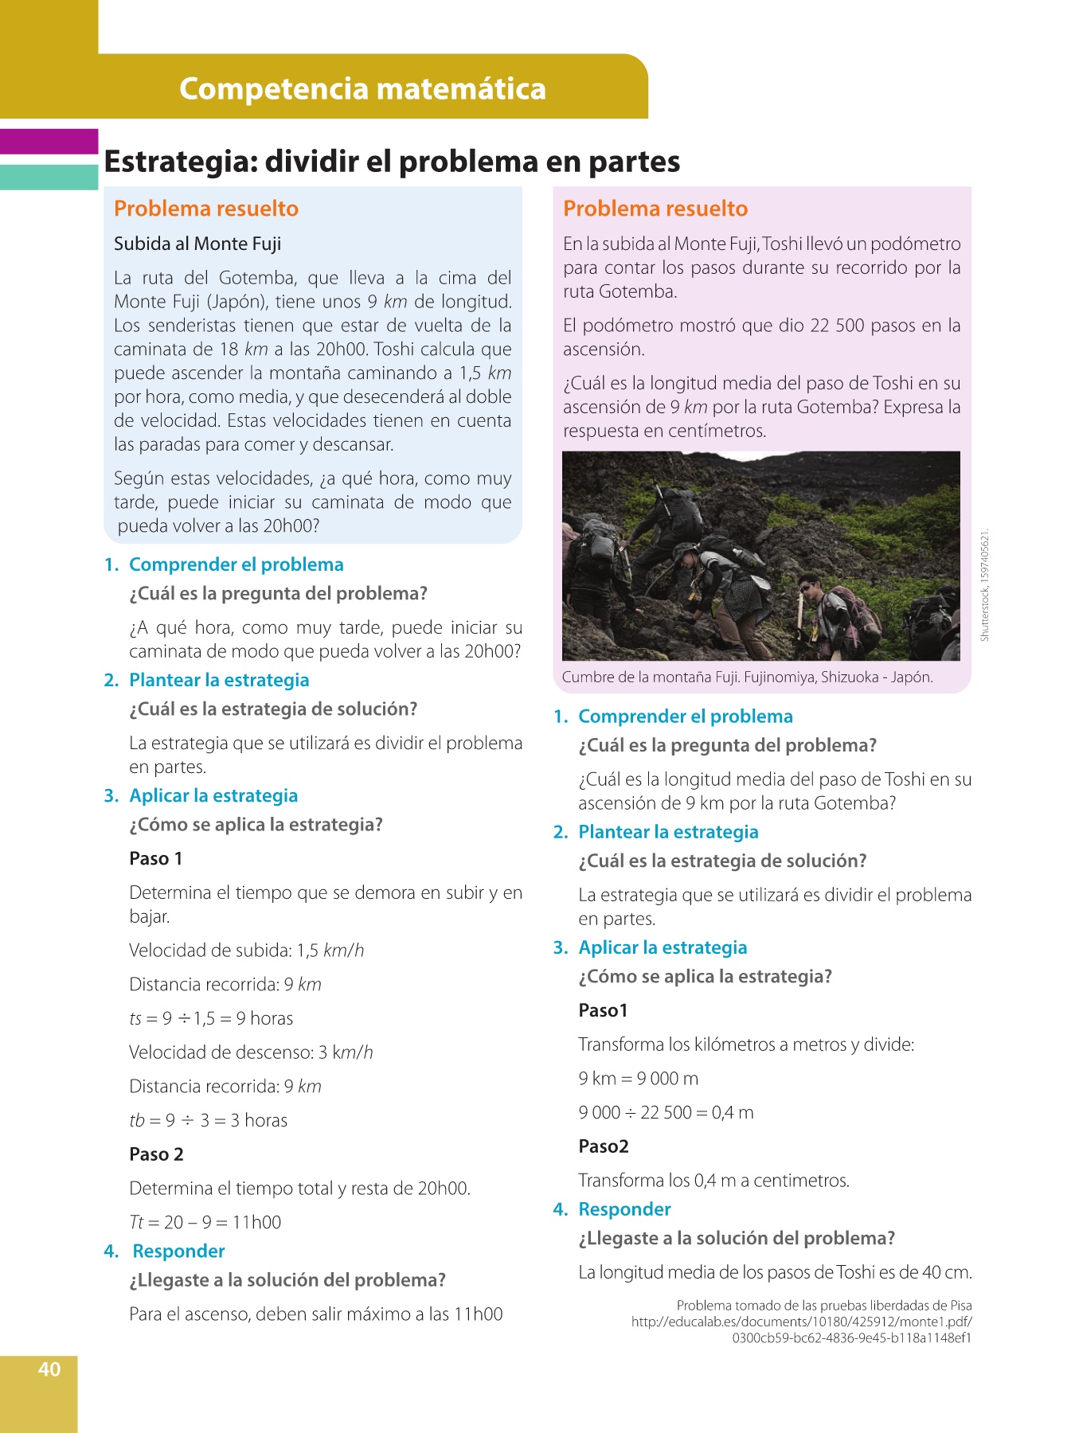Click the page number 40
tap(49, 1369)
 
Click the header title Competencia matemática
tap(362, 88)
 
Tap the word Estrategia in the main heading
tap(179, 162)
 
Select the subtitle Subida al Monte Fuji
tap(197, 244)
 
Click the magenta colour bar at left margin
tap(49, 141)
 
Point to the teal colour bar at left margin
tap(49, 177)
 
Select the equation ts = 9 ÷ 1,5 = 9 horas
tap(211, 1018)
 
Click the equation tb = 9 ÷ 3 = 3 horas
tap(208, 1120)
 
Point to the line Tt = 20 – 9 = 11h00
tap(205, 1222)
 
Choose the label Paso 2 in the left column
tap(156, 1154)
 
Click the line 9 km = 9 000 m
tap(638, 1079)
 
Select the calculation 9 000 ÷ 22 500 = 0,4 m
tap(666, 1112)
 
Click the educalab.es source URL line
tap(801, 1322)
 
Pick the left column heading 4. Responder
tap(165, 1251)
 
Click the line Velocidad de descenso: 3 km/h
tap(251, 1052)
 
